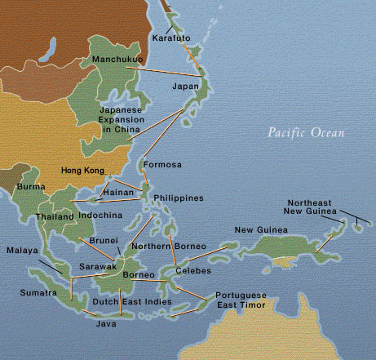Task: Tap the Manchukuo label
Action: click(x=117, y=60)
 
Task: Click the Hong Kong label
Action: click(x=84, y=171)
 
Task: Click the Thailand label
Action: click(x=55, y=217)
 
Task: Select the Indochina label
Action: click(x=100, y=217)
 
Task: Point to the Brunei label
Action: click(x=102, y=241)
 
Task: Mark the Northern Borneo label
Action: click(x=161, y=246)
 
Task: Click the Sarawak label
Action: click(x=97, y=267)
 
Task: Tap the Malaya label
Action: click(x=22, y=251)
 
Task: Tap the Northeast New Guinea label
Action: click(x=319, y=207)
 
